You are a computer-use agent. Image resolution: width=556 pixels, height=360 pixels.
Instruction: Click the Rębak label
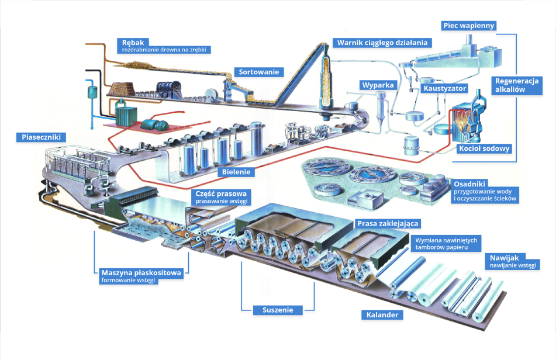pos(133,42)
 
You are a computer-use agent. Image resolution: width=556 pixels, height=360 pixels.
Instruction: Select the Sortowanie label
pos(260,72)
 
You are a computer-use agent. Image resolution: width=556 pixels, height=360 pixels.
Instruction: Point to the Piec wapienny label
pos(468,25)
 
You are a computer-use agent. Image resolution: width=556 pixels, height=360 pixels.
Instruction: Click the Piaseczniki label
pos(41,137)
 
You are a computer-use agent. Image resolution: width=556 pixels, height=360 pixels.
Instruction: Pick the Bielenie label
pos(237,172)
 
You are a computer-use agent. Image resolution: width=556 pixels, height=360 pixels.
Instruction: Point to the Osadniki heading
pos(471,183)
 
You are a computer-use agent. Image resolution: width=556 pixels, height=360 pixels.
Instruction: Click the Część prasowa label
pos(222,194)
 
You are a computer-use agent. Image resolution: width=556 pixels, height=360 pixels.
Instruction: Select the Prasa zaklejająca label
pos(388,224)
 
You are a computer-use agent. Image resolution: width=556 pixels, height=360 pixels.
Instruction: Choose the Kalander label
pos(382,315)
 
